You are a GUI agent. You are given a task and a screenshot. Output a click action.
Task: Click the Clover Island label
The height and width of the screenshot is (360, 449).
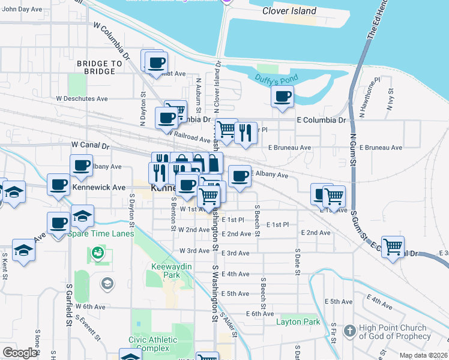tap(289, 11)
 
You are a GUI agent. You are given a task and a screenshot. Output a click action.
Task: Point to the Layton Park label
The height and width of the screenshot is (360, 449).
tap(298, 322)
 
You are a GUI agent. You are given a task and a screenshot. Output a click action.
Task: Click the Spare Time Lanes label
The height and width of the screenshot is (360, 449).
tap(101, 233)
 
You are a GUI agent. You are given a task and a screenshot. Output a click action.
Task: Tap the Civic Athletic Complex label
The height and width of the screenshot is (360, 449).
tap(153, 344)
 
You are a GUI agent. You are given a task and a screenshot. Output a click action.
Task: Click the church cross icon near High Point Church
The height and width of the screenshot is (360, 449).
tap(350, 330)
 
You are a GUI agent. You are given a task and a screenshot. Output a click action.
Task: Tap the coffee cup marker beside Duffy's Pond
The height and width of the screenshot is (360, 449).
tap(282, 96)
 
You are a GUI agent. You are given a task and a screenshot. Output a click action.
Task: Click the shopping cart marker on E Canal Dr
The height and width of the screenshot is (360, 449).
tap(393, 245)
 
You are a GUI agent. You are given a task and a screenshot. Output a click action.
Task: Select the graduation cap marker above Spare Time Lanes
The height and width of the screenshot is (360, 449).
tap(83, 215)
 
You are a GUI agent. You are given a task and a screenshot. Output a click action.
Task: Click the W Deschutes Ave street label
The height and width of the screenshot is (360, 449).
tap(82, 98)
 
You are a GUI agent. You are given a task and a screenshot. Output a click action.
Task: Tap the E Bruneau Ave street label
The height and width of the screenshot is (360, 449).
tap(289, 147)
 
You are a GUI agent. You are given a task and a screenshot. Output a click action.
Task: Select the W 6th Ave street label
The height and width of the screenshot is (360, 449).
tap(90, 306)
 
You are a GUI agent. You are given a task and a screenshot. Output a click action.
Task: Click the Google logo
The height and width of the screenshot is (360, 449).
tap(20, 353)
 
